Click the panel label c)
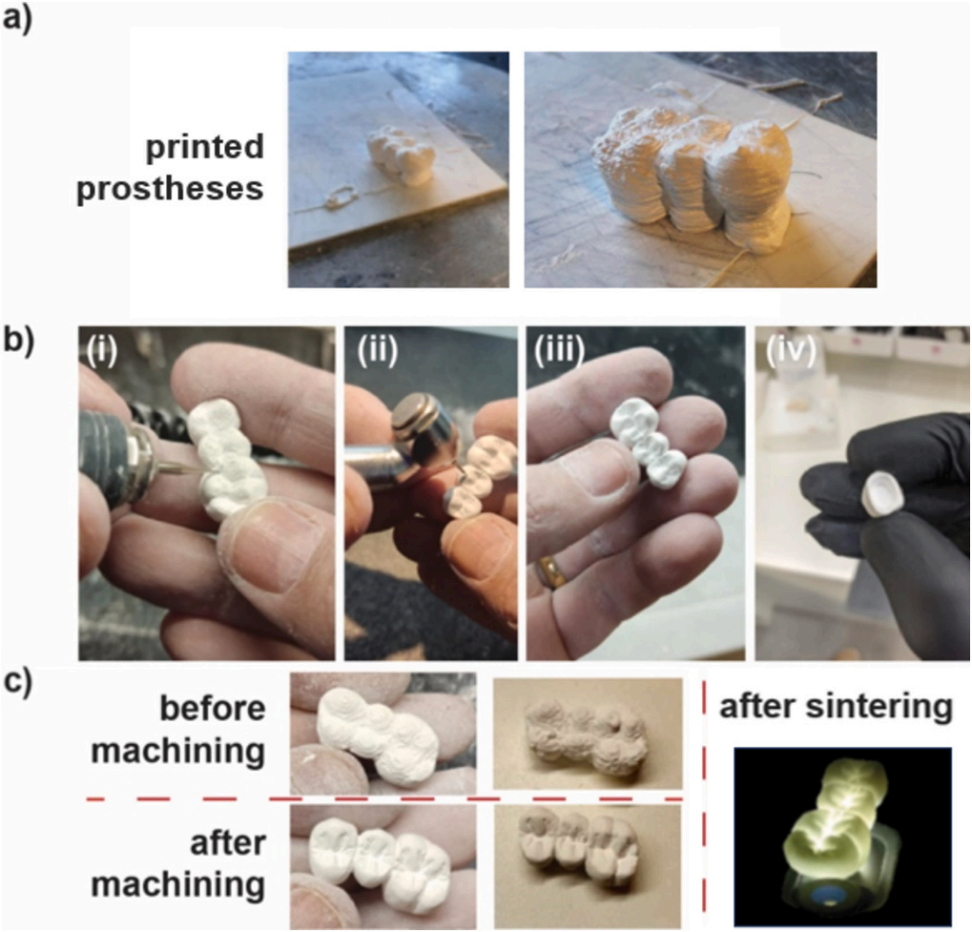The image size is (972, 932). (x=17, y=685)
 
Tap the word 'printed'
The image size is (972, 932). (x=203, y=148)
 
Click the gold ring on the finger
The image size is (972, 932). (x=551, y=572)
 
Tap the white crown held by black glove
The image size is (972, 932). (x=881, y=496)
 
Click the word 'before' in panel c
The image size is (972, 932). (x=212, y=710)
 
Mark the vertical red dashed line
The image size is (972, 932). (x=704, y=801)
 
